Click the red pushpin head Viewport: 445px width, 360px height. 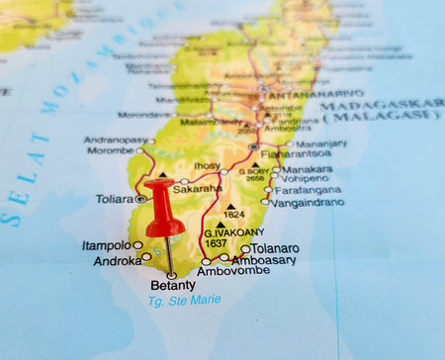click(x=164, y=208)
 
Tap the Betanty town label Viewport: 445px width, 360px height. click(x=172, y=286)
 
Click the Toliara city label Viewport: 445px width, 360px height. click(x=114, y=198)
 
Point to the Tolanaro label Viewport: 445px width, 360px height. click(x=276, y=248)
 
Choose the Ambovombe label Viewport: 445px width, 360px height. click(x=233, y=270)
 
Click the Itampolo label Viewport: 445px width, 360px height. click(x=106, y=245)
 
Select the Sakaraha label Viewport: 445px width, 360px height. click(x=198, y=186)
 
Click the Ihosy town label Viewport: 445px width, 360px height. click(x=207, y=166)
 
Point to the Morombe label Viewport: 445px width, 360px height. click(x=110, y=151)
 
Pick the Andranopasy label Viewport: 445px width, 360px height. click(x=115, y=140)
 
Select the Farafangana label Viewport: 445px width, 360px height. click(x=309, y=190)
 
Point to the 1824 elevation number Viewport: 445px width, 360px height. click(x=233, y=215)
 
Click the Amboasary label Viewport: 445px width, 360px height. click(x=264, y=259)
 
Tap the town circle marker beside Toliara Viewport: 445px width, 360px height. click(x=141, y=199)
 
